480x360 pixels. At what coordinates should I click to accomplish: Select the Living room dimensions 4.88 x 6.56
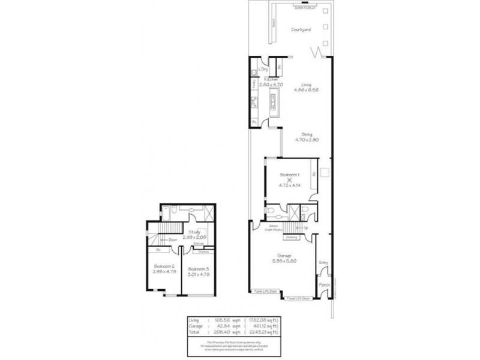point(307,90)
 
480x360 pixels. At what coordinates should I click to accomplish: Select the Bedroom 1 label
point(290,173)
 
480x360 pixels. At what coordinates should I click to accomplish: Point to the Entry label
point(323,262)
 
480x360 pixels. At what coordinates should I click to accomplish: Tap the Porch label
point(324,284)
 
